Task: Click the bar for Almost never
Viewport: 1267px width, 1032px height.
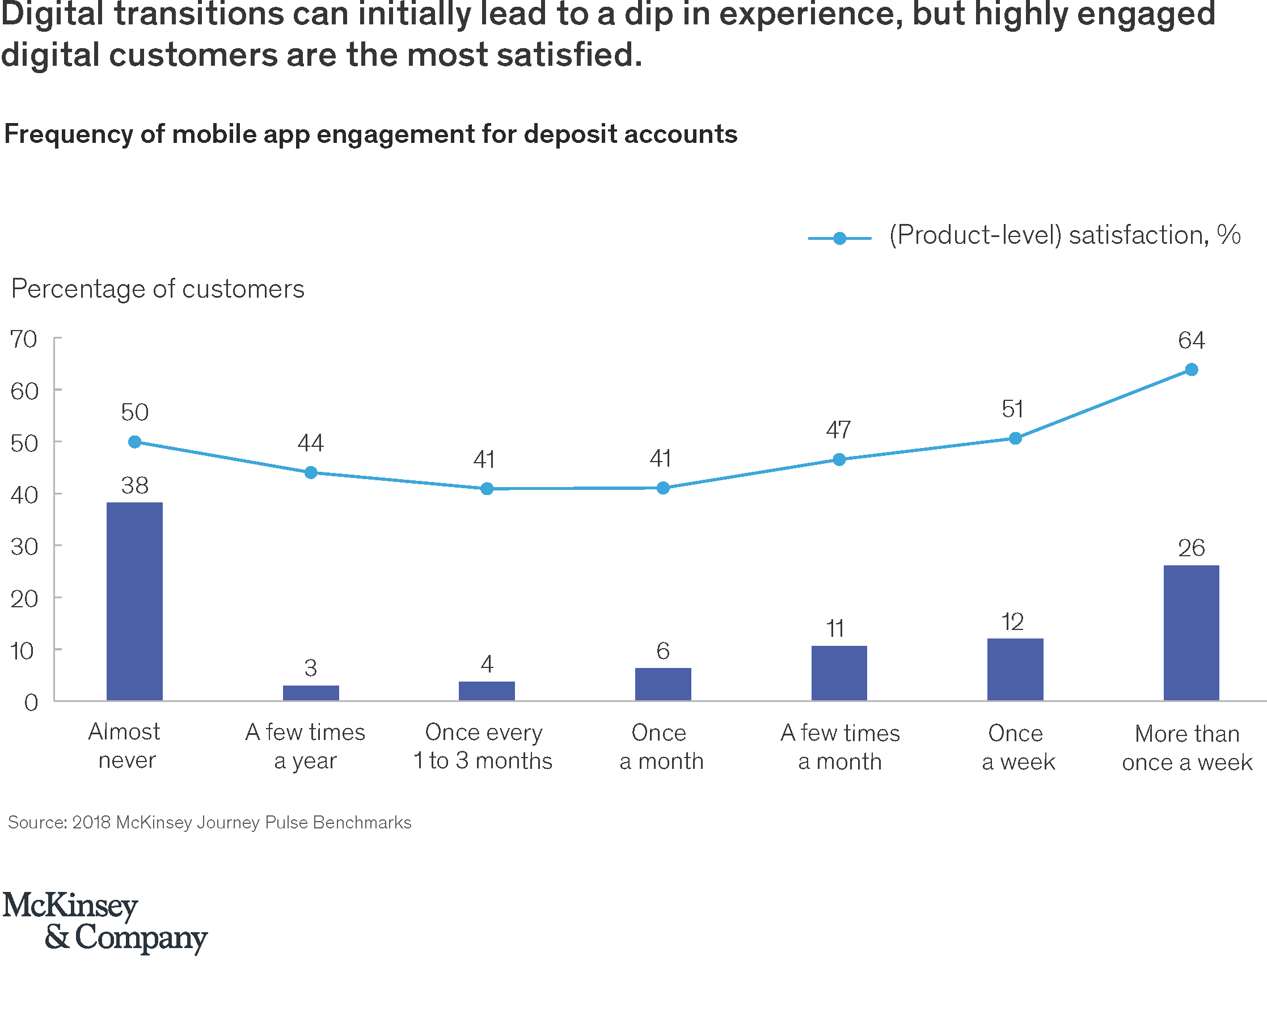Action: click(134, 601)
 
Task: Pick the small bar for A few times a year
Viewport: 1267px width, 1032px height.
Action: click(310, 692)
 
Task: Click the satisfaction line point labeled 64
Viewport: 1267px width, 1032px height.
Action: click(1191, 370)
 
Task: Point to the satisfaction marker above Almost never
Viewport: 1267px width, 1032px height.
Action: click(134, 442)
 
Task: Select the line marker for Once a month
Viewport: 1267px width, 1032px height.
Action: click(662, 488)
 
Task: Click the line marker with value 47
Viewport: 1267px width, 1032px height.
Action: click(839, 459)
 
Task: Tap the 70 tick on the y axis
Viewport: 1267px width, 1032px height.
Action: click(24, 340)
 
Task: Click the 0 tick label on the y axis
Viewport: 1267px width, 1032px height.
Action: click(31, 703)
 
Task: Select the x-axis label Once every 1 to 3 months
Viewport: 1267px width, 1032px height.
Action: click(483, 747)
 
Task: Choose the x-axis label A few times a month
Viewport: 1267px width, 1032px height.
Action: click(839, 747)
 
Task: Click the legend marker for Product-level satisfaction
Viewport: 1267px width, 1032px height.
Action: click(839, 238)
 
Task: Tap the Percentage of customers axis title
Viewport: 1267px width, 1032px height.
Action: click(158, 289)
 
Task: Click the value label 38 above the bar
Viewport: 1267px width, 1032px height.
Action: click(134, 486)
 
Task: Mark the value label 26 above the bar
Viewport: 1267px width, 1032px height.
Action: click(1191, 548)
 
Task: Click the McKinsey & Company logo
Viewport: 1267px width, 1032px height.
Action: click(105, 922)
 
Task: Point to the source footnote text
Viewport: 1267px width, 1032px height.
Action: click(209, 823)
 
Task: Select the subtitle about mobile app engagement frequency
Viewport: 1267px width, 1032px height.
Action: click(370, 134)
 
